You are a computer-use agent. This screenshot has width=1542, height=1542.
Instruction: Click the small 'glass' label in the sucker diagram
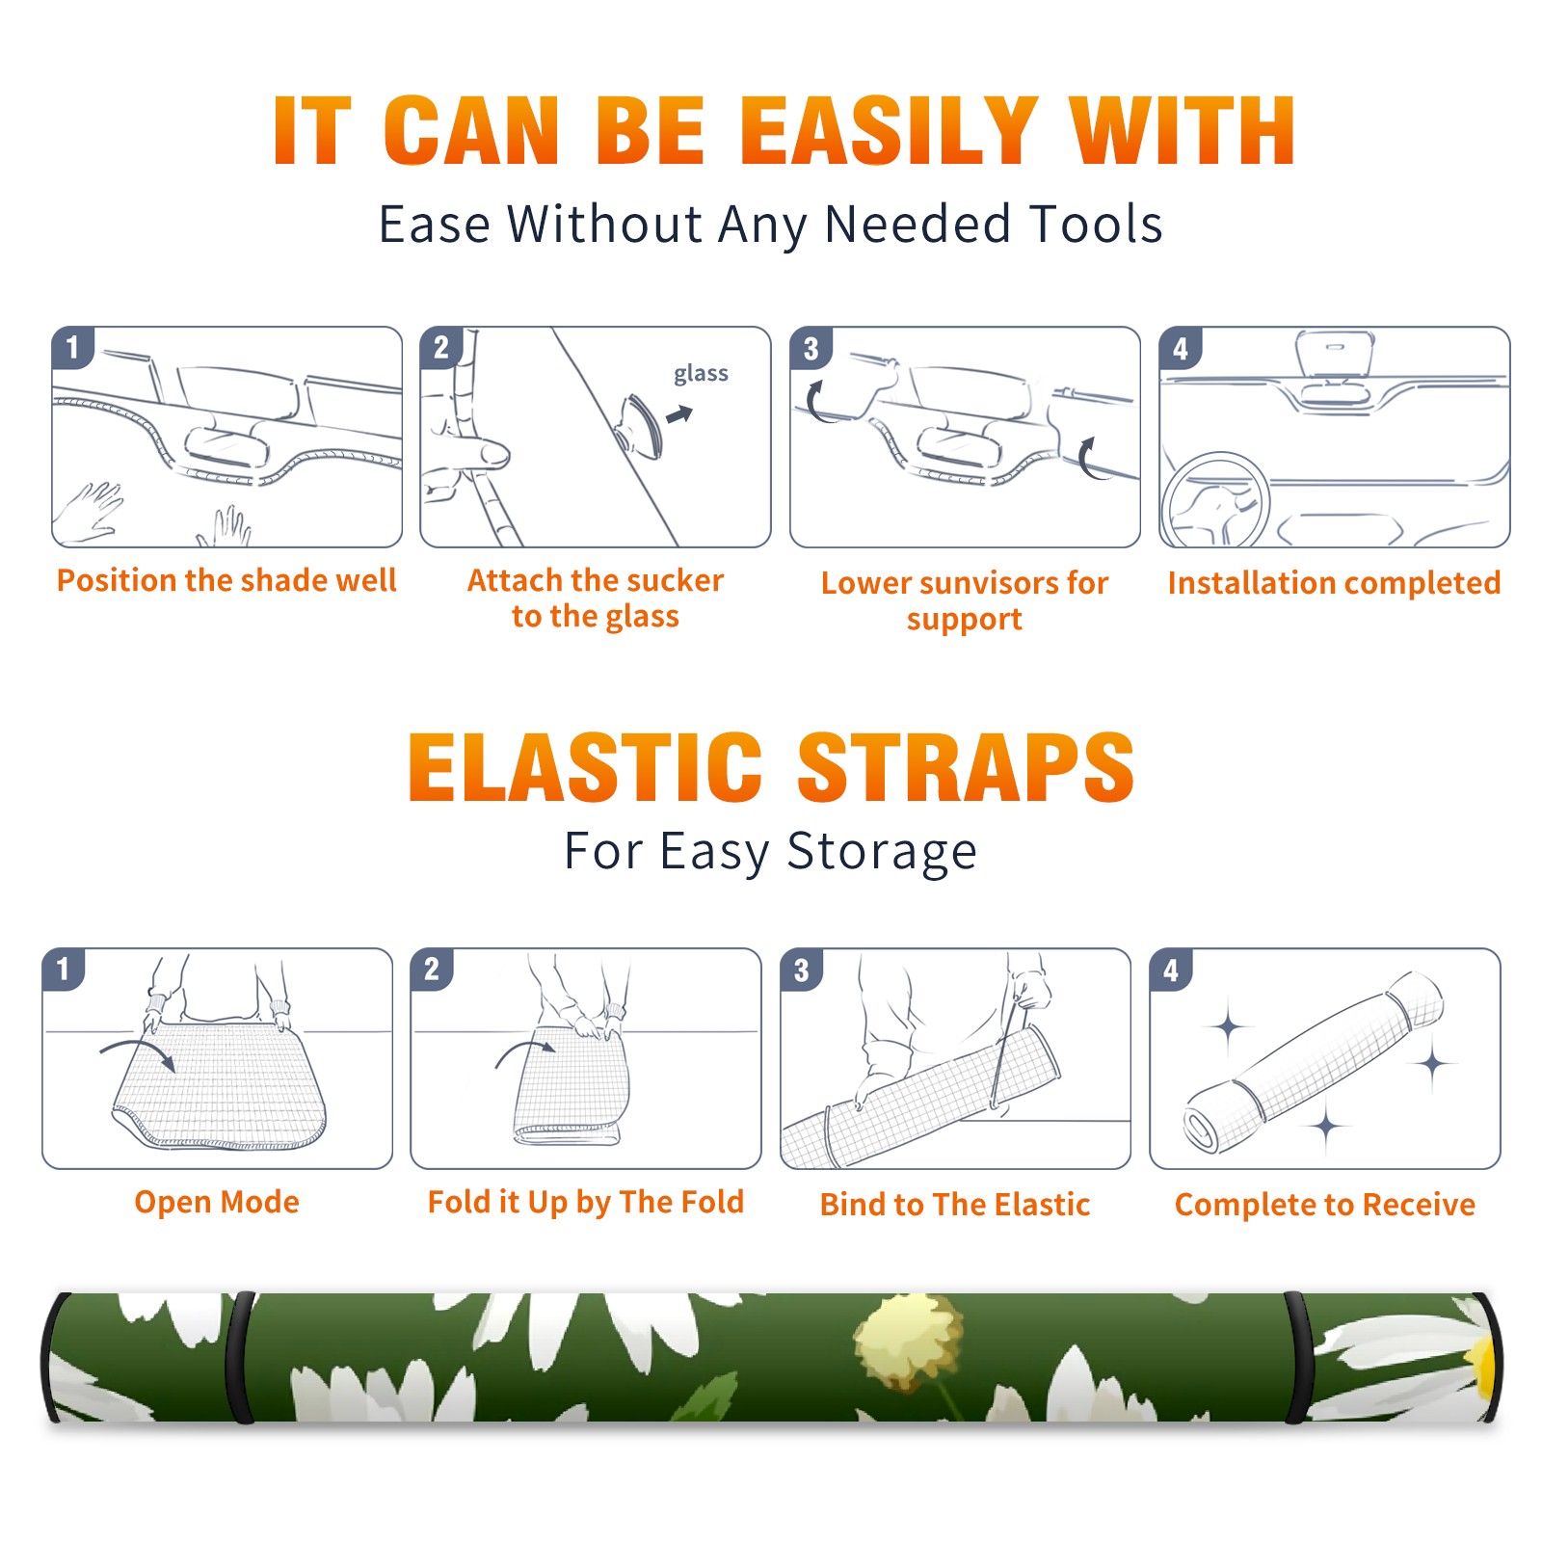[701, 374]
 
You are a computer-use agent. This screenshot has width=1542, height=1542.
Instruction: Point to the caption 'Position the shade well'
[226, 580]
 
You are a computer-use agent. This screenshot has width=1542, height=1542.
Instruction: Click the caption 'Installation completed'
[1334, 583]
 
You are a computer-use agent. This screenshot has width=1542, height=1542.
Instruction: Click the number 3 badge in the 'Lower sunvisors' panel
[811, 349]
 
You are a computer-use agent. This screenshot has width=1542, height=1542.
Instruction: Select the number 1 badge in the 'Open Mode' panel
[64, 970]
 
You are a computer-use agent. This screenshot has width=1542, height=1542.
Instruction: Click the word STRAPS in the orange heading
[966, 767]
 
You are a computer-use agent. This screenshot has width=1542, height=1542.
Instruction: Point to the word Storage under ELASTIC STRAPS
[882, 852]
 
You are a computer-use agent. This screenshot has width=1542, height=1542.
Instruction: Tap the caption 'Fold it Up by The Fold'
[586, 1203]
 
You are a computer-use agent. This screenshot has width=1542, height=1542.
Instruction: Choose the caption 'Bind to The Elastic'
[955, 1205]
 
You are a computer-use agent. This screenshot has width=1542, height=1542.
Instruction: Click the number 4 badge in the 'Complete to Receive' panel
[1171, 970]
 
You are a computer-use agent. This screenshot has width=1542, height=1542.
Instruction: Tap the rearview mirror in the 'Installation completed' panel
[1335, 353]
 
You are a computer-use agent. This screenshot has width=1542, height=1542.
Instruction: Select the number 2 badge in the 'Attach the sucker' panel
[441, 348]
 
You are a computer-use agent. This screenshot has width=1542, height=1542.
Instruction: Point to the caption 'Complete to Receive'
[1325, 1205]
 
